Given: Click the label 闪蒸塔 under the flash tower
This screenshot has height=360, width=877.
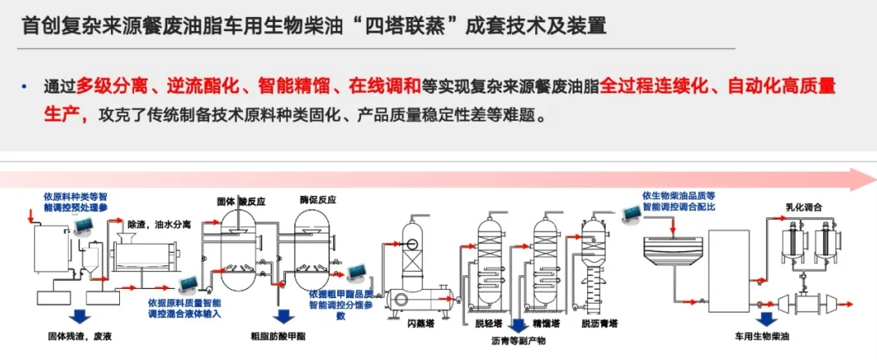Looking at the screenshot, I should click(x=421, y=323).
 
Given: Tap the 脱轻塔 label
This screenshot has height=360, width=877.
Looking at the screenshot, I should click(x=488, y=323).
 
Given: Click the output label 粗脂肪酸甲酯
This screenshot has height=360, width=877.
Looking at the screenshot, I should click(x=283, y=335).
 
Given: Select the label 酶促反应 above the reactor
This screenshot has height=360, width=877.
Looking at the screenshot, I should click(x=318, y=199).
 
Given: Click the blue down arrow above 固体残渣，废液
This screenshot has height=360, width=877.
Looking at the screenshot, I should click(x=79, y=314).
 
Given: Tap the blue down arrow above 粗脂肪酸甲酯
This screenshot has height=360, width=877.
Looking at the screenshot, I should click(x=284, y=314).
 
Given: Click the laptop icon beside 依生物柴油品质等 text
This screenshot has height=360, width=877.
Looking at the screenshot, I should click(x=630, y=215).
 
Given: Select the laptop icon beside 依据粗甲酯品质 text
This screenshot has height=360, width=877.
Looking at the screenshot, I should click(x=356, y=272).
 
